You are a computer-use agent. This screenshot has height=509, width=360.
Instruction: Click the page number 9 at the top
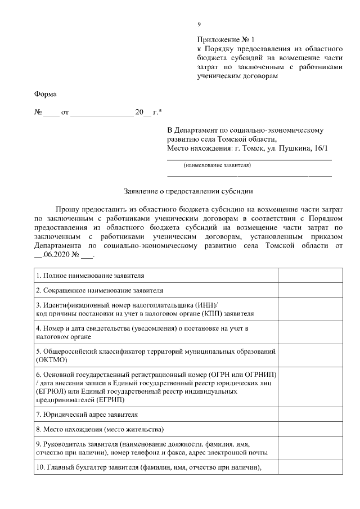click(199, 24)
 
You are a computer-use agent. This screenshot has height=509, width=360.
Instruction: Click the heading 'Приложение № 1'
click(226, 40)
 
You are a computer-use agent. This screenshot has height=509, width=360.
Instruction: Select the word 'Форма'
click(46, 94)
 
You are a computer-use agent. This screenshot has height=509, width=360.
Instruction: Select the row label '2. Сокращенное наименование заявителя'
click(100, 290)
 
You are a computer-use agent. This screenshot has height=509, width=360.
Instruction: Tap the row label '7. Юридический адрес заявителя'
click(87, 415)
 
